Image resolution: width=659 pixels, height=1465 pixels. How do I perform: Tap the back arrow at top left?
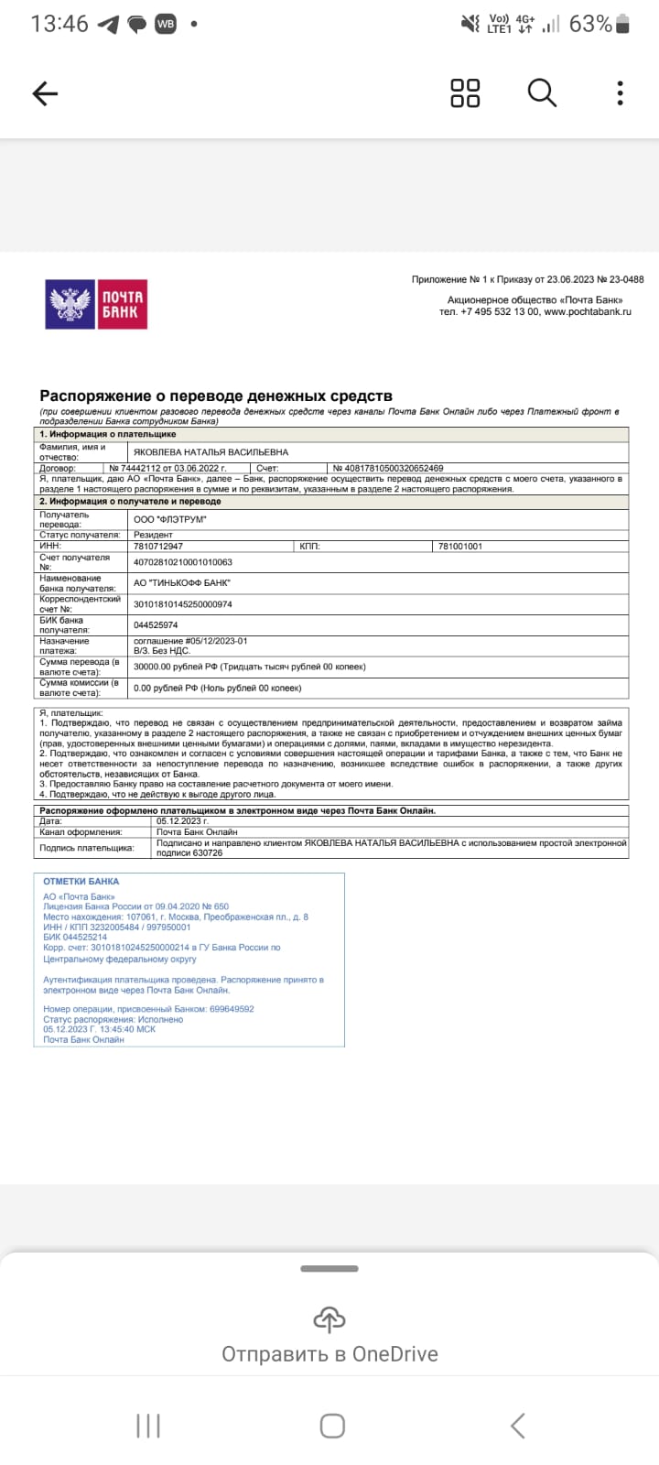click(x=45, y=92)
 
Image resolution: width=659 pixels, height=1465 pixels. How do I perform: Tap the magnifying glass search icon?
click(x=542, y=92)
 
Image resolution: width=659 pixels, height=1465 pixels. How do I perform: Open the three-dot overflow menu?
click(x=621, y=92)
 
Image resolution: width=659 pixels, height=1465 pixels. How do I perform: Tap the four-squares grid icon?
click(x=465, y=92)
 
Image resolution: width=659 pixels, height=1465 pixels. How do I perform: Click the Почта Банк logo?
click(x=96, y=304)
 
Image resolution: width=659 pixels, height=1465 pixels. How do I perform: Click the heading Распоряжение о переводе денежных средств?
click(x=216, y=396)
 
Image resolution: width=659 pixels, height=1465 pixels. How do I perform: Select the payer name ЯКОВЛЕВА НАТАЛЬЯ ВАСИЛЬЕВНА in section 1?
click(x=211, y=452)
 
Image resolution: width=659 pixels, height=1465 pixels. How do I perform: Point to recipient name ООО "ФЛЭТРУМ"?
click(x=170, y=519)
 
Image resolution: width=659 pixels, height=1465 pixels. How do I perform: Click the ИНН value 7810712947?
click(x=158, y=546)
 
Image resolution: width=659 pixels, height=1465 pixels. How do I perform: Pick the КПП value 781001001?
click(x=459, y=546)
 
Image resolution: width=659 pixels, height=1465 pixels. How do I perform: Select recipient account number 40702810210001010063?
click(x=183, y=562)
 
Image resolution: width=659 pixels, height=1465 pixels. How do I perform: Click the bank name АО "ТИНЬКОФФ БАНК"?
click(x=182, y=583)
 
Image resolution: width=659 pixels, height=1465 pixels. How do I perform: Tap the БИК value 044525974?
click(x=156, y=625)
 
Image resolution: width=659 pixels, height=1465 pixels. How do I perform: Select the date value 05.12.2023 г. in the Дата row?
click(x=182, y=821)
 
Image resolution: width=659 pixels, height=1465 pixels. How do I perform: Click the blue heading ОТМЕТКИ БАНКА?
click(x=81, y=882)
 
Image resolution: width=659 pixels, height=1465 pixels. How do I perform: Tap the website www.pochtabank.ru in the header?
click(x=587, y=312)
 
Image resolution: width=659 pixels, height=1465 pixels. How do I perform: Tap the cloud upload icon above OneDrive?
click(x=329, y=1318)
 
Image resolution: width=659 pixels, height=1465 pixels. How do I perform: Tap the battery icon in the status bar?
click(x=623, y=24)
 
